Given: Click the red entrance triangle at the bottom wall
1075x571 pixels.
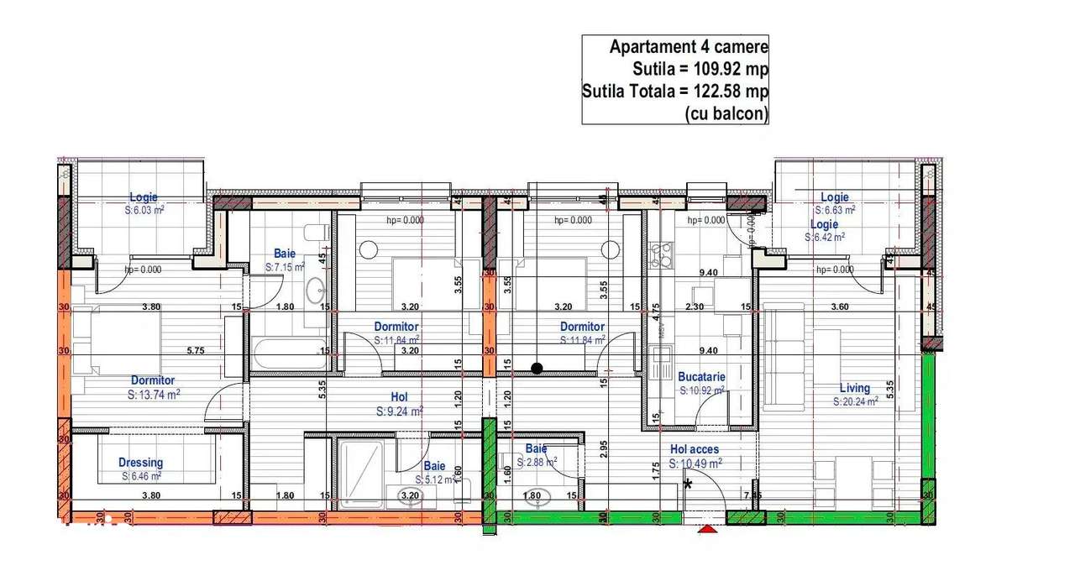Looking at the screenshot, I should point(709,529).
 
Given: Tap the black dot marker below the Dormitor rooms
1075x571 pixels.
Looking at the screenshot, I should point(537,367).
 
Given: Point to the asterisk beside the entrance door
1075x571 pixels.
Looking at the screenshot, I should point(689,485).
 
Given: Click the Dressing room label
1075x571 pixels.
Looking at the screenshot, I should point(140,463).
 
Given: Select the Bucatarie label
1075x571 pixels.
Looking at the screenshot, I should point(701,377).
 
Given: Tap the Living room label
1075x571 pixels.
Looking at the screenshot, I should point(855,388).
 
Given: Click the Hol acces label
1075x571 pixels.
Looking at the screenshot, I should point(694,450).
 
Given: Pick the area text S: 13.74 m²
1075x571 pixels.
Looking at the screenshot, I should point(154,393).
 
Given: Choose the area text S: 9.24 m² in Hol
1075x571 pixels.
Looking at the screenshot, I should point(399,411).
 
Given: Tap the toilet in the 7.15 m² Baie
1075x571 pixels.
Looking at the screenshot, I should point(316,233).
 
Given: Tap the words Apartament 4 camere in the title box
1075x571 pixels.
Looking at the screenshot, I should point(689,48).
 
